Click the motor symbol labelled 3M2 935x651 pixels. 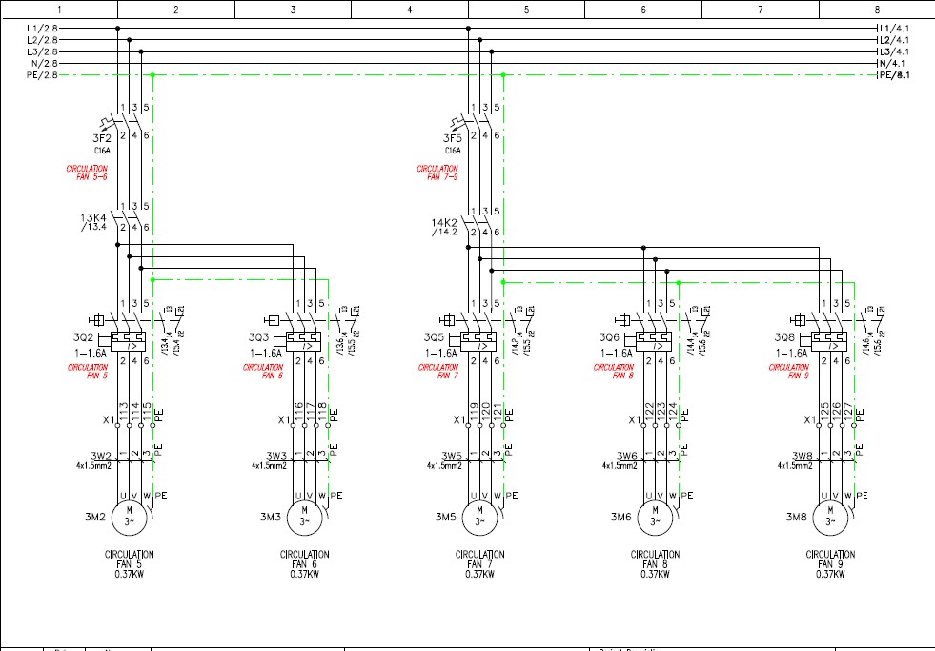pos(130,519)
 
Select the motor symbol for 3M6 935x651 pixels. pos(655,519)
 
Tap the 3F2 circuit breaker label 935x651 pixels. pos(103,138)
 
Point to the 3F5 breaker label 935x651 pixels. pos(453,138)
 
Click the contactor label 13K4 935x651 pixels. pos(95,217)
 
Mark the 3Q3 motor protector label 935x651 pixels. pos(258,337)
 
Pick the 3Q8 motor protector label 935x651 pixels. pos(784,337)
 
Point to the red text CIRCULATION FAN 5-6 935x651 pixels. pos(87,173)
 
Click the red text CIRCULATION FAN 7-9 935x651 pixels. pos(437,173)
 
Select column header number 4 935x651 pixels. pos(409,10)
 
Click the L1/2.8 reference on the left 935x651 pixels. pos(42,29)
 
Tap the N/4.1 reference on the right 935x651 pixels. pos(894,63)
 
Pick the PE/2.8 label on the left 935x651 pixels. pos(42,74)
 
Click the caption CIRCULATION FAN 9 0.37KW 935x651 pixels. pos(830,564)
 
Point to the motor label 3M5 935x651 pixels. pos(446,517)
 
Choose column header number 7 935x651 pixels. pos(760,10)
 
